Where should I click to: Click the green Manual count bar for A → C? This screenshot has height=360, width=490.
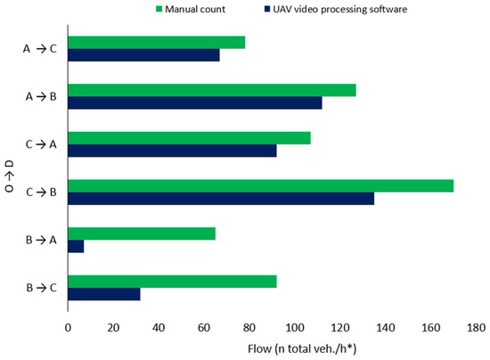click(157, 43)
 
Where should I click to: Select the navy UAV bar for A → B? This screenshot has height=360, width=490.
click(195, 102)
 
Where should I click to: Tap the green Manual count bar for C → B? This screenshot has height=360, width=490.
click(261, 186)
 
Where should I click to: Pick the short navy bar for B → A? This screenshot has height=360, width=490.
click(76, 246)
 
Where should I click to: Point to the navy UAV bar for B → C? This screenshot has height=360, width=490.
click(104, 294)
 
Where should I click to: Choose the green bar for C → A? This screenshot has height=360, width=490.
click(190, 138)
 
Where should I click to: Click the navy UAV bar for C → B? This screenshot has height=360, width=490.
click(221, 199)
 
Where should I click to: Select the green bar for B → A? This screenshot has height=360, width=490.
click(142, 233)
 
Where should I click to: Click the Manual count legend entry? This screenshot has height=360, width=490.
click(191, 10)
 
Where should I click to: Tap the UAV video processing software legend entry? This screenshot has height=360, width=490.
click(336, 10)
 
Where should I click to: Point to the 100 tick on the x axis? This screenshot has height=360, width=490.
click(295, 328)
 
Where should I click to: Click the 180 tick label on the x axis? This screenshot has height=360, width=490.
click(477, 328)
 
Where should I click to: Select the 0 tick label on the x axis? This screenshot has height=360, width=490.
click(68, 328)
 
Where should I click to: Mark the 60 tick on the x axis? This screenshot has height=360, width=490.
click(204, 328)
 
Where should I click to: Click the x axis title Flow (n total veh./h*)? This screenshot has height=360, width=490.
click(302, 348)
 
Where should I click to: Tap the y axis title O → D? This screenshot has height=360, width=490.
click(10, 176)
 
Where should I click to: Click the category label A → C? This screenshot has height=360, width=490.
click(40, 49)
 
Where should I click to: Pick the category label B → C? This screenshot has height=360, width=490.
click(42, 288)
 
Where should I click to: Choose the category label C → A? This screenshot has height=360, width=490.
click(41, 144)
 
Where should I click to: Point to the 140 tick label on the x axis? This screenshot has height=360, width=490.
click(386, 328)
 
